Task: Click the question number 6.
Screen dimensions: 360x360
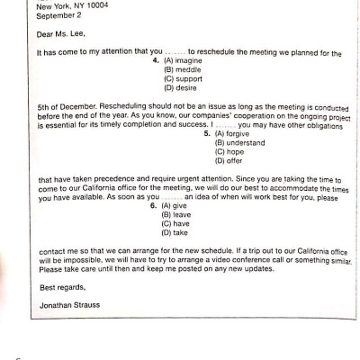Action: (152, 206)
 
